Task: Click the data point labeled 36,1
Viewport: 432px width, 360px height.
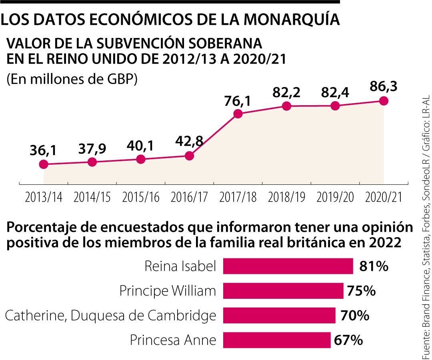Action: coord(44,164)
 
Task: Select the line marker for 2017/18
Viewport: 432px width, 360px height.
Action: coord(238,114)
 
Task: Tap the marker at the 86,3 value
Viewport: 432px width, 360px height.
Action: coord(384,101)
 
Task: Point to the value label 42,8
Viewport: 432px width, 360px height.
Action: coord(189,142)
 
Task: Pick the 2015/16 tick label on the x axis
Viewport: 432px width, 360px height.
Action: coord(141,198)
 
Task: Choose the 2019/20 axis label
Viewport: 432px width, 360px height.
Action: coord(335,198)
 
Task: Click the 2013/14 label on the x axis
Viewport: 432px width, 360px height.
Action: coord(44,198)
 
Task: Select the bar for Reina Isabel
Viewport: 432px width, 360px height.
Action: coord(288,266)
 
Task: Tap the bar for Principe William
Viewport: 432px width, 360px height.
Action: coord(283,291)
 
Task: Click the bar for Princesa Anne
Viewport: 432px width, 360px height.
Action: coord(277,340)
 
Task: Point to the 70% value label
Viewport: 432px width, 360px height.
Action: coord(354,316)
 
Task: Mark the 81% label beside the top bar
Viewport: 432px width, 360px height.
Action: coord(374,266)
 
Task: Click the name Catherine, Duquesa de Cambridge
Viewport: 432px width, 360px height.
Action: coord(110,316)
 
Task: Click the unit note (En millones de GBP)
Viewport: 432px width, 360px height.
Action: coord(72,79)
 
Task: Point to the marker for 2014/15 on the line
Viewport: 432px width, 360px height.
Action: coord(92,162)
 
